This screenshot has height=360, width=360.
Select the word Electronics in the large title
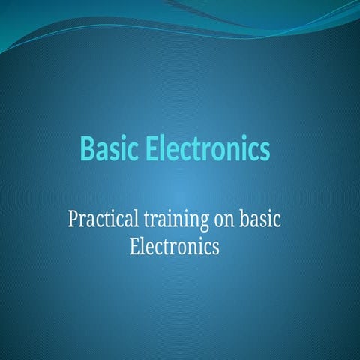tap(208, 150)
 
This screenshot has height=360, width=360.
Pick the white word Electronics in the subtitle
tap(175, 245)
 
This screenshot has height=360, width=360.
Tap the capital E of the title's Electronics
tap(154, 150)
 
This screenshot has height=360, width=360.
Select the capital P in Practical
tap(72, 220)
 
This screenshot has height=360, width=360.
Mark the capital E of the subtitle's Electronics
tap(135, 245)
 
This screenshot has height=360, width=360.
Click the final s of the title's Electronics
tap(265, 151)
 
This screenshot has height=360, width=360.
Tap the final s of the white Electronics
tap(216, 247)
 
